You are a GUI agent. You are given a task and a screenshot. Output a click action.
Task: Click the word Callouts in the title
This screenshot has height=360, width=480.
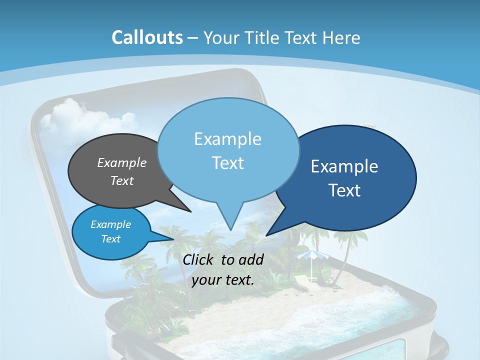tap(147, 37)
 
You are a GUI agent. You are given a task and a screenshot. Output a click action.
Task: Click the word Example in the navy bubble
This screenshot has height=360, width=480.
tap(344, 166)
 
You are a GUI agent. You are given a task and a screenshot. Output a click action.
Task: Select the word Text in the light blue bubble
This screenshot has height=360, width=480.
tap(227, 163)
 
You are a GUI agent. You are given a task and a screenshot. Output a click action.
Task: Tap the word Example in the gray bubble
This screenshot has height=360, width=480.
tap(122, 162)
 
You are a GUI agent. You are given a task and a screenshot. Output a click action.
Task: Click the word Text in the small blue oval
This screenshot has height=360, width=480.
tap(111, 239)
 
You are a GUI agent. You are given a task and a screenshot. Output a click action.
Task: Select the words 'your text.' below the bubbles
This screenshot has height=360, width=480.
tap(223, 279)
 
